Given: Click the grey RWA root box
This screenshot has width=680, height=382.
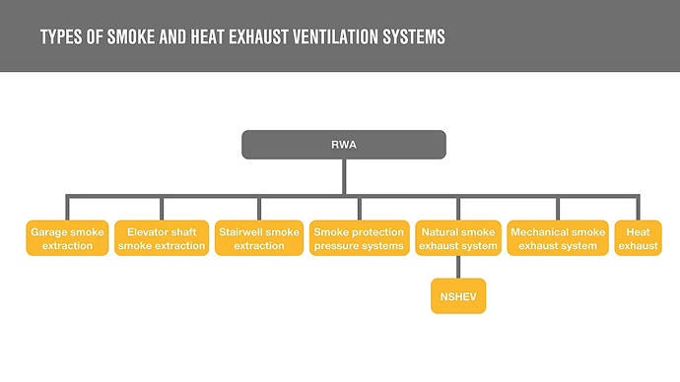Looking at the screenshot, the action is pos(344,145).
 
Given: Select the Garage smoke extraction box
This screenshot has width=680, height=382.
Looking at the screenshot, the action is pos(67,238).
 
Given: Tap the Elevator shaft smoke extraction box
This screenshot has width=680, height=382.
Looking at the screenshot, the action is pos(162,238).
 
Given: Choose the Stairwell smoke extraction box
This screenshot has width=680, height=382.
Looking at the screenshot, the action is pos(259,238).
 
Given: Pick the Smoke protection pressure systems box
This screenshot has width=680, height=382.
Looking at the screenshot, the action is pos(359,238).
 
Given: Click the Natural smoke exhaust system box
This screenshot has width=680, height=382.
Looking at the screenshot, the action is pos(458,238).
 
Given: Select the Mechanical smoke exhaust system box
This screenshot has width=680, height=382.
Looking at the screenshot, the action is pos(558,238).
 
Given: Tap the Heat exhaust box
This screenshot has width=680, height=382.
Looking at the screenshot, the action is pos(638,238).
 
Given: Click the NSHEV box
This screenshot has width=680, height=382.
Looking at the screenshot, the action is pos(458,296).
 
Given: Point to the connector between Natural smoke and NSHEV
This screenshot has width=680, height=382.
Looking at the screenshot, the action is pos(458,267).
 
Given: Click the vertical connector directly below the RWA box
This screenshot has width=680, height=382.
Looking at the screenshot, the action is pos(344,176).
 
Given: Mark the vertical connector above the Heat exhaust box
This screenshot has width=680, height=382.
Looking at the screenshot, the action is pos(638,208).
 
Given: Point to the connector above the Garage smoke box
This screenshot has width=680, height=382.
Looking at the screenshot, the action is pos(67,208).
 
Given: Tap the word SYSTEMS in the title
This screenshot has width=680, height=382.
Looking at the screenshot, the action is pos(414,37).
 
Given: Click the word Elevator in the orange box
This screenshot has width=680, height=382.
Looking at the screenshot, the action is pos(144,232).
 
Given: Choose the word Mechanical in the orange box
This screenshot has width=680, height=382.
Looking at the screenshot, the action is pos(536,232).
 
